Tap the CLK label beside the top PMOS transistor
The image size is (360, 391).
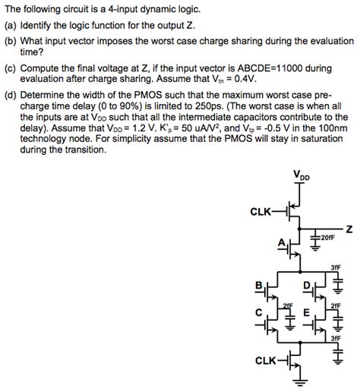(260, 212)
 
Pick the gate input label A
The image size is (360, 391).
(280, 243)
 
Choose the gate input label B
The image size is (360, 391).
(257, 286)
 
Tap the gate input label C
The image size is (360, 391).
(257, 311)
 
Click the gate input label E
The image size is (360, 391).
(305, 311)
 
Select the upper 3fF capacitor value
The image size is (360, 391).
(335, 268)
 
